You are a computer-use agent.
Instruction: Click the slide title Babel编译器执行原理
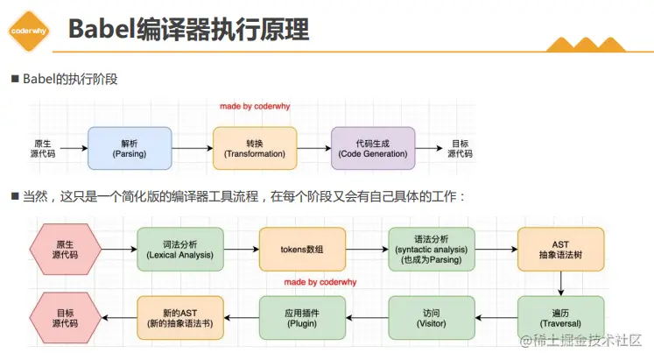click(188, 30)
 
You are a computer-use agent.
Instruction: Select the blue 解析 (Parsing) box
click(129, 147)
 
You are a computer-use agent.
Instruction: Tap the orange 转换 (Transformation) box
click(255, 147)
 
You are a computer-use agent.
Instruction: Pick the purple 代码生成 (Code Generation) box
click(373, 147)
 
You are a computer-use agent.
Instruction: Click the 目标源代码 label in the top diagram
click(460, 148)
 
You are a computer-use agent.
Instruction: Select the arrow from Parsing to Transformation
click(191, 148)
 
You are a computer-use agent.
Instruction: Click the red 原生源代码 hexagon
click(65, 248)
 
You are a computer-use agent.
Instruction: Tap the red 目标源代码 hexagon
click(65, 316)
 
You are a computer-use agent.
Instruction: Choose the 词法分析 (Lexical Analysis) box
click(180, 248)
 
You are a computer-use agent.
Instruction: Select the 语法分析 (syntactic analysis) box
click(432, 248)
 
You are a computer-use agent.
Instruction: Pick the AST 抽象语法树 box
click(560, 248)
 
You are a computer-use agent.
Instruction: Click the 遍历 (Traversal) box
click(560, 316)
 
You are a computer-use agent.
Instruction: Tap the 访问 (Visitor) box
click(432, 316)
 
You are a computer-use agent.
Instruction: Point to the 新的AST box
click(180, 316)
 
